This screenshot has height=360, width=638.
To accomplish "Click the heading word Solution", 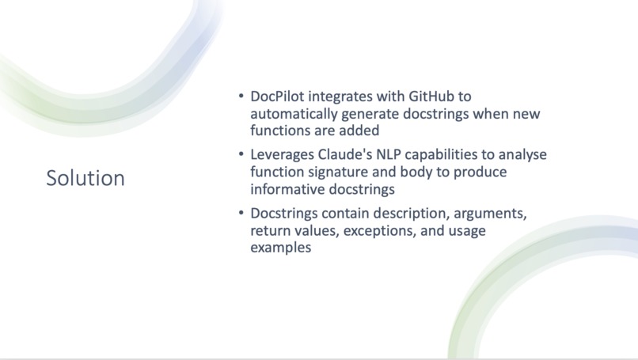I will point(85,178).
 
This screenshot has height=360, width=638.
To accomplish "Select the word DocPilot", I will point(278,97).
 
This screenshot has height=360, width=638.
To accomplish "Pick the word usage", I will point(465,230).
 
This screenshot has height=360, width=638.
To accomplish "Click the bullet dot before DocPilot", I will point(241,97).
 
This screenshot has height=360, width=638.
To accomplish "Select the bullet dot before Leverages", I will point(241,155).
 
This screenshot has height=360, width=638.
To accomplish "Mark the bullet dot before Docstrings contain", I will point(241,214).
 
